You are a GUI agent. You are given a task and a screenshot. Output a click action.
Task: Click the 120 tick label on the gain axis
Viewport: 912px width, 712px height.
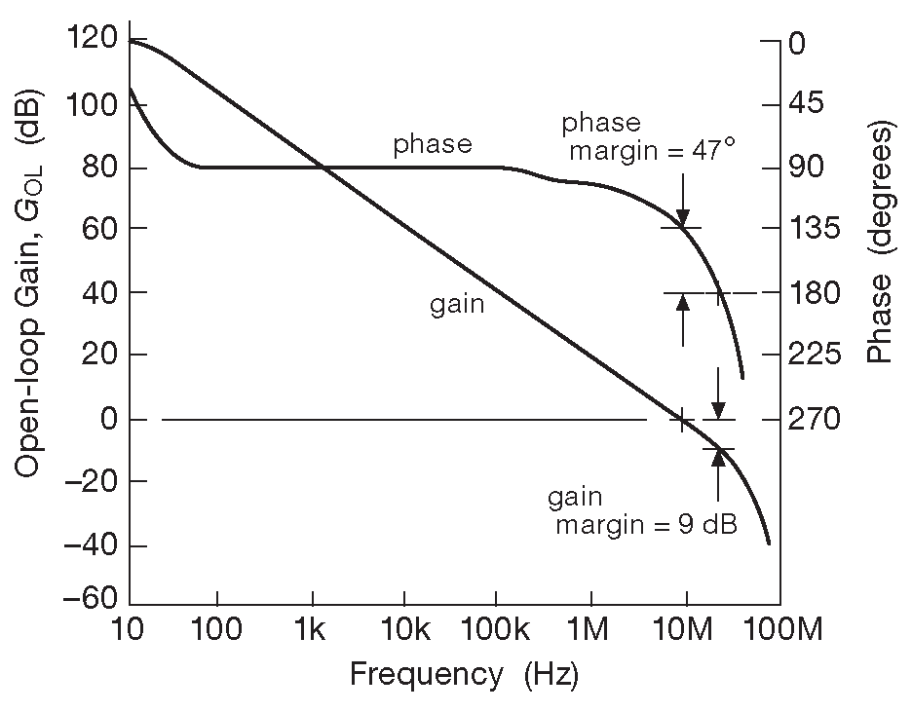coord(94,40)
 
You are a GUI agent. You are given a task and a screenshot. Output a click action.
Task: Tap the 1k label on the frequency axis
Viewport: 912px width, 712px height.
coord(312,631)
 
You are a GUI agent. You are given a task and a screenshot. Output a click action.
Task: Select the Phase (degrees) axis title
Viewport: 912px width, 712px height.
coord(881,244)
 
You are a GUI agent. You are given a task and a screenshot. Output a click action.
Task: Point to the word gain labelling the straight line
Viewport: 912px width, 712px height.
coord(458,305)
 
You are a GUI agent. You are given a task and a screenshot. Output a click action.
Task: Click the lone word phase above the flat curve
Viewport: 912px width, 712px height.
coord(433,145)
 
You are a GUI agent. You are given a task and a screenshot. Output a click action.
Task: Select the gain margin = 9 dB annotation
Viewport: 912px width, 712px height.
coord(644,512)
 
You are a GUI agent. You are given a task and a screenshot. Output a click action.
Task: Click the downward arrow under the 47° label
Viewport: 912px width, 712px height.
coord(682,200)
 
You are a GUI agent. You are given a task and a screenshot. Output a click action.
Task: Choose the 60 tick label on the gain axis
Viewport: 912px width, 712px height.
coord(100,229)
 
